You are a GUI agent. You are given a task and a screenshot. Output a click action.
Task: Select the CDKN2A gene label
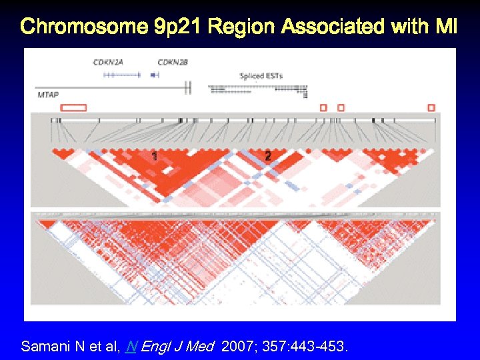[109, 62]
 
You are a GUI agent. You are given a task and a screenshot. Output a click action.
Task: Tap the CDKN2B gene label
[173, 62]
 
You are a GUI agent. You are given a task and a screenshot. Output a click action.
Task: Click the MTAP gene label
[48, 95]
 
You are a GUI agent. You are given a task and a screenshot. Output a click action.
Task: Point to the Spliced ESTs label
[261, 76]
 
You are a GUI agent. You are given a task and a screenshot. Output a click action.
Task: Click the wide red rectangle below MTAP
[73, 107]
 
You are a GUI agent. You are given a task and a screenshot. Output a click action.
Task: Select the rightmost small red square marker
[431, 107]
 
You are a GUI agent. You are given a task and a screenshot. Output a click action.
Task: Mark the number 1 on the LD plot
[155, 156]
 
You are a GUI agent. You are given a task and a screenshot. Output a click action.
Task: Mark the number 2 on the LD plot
[267, 156]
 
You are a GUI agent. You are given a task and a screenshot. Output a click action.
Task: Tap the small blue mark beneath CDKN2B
[155, 75]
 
